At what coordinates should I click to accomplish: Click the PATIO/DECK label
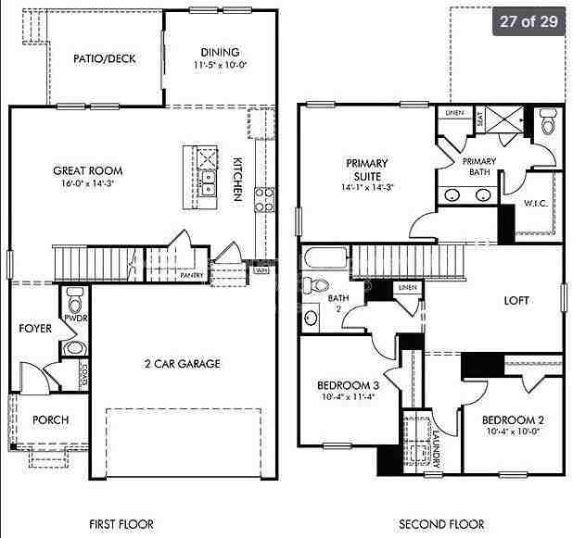[105, 58]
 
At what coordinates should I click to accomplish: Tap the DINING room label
[218, 53]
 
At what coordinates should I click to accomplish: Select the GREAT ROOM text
[88, 170]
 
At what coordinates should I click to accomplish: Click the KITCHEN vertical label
[237, 178]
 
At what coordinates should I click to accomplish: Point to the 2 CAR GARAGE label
[182, 364]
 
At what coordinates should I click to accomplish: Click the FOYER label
[36, 328]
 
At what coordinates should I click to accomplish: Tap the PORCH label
[51, 419]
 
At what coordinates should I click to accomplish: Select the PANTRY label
[193, 275]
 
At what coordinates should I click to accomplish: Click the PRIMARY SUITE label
[367, 169]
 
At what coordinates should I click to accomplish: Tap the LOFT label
[516, 300]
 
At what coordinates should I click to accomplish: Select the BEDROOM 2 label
[513, 419]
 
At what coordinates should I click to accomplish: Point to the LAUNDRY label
[434, 445]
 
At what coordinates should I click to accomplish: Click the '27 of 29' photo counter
[528, 21]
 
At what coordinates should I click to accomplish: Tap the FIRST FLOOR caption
[121, 524]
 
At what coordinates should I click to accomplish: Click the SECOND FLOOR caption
[441, 524]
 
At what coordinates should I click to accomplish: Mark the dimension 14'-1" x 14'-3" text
[367, 187]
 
